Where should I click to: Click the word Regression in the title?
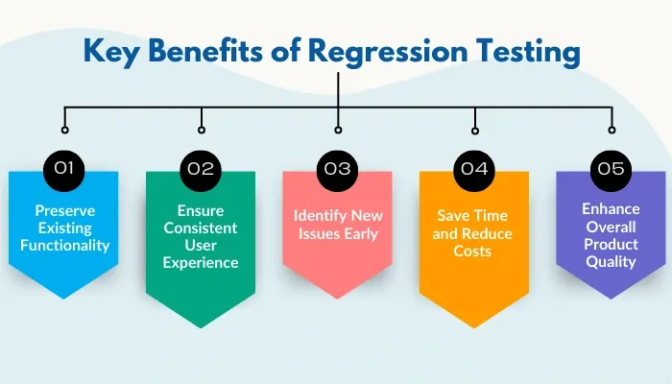point(388,52)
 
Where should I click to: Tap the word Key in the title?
point(111,52)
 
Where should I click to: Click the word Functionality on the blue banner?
point(64,246)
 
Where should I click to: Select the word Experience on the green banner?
point(201,263)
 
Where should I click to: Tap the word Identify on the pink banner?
point(320,216)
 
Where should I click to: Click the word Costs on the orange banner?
point(472,252)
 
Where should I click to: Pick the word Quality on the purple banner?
point(611,262)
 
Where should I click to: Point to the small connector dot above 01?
point(64,130)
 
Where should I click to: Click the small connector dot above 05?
point(612,130)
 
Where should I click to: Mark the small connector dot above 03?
point(338,130)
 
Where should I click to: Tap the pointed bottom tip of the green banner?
point(201,328)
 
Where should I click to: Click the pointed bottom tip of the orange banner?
point(474,328)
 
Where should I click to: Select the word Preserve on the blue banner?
point(64,211)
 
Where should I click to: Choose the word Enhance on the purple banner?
point(611,209)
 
